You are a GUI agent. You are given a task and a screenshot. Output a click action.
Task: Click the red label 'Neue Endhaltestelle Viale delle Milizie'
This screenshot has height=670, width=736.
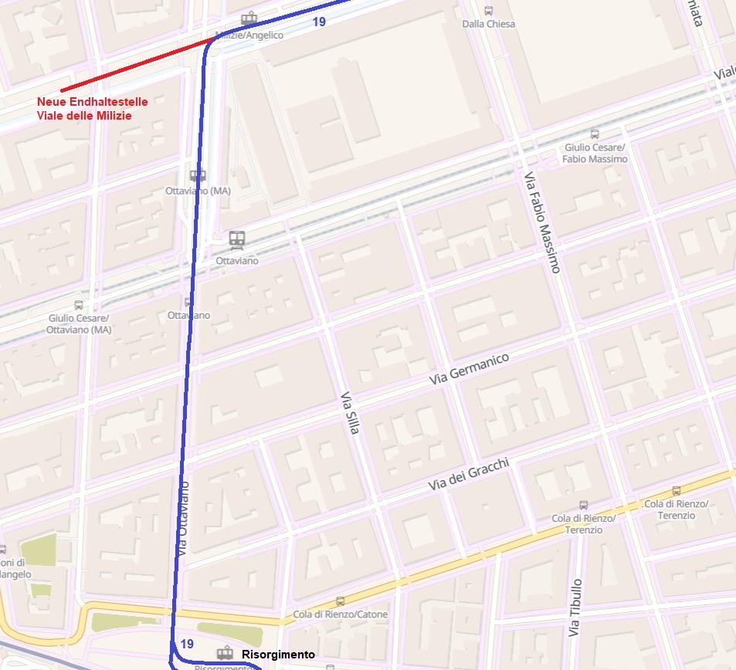[x=92, y=109]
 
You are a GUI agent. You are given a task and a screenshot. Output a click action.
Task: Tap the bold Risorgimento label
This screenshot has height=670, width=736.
[x=278, y=655]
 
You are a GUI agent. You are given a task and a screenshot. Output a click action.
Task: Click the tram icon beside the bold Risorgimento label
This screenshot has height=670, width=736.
[x=225, y=653]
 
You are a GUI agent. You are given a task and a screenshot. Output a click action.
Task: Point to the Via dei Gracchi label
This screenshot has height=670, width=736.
[x=469, y=474]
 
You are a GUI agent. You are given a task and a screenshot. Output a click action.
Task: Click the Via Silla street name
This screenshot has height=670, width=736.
[x=349, y=412]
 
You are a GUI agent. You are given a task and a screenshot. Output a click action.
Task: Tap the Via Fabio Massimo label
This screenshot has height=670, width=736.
[x=542, y=222]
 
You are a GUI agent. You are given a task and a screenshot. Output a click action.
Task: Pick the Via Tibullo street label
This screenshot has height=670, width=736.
[x=574, y=607]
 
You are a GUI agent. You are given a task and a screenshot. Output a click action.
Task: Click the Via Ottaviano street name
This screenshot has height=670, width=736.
[x=184, y=519]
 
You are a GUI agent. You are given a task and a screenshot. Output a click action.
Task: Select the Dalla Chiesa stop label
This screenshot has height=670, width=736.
[x=488, y=24]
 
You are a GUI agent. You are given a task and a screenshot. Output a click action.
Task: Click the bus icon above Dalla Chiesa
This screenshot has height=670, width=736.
[x=488, y=11]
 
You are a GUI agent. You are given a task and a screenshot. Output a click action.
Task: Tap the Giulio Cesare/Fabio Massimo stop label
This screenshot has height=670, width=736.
[x=595, y=153]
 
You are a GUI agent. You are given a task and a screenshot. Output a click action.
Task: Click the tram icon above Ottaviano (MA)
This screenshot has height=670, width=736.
[x=198, y=175]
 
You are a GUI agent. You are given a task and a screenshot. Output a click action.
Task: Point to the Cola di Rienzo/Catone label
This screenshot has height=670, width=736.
[x=341, y=614]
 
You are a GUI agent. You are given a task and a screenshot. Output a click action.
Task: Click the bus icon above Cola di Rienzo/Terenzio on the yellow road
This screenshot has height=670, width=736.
[x=677, y=490]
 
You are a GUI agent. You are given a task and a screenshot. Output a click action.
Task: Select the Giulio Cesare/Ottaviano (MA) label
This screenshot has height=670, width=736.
[x=79, y=324]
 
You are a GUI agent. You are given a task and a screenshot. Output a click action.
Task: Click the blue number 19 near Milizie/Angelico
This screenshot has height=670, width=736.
[x=319, y=22]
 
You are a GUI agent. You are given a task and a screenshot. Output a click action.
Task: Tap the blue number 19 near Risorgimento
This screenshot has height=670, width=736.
[x=186, y=644]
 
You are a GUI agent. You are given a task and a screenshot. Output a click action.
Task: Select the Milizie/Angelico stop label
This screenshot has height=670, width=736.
[x=249, y=35]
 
